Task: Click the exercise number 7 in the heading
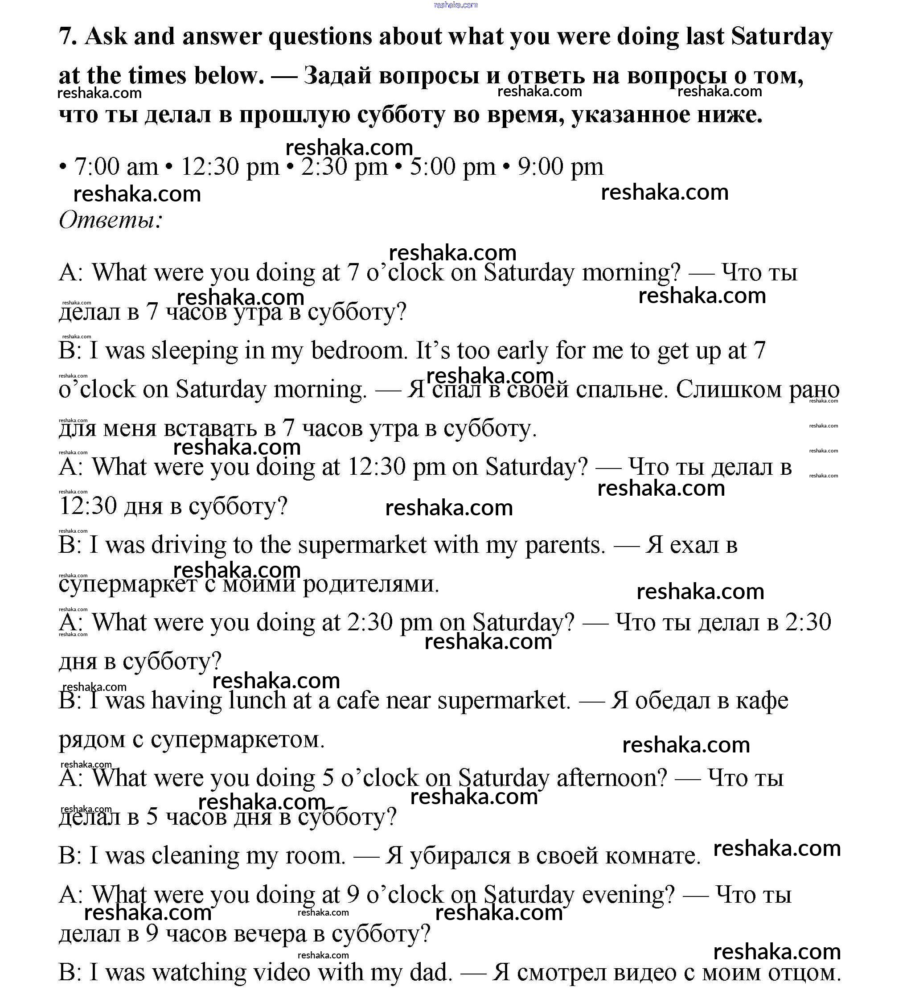click(x=66, y=37)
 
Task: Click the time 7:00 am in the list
click(x=116, y=167)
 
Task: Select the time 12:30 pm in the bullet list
click(x=230, y=167)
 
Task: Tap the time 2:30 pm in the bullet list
click(x=345, y=167)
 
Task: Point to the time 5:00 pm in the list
click(x=452, y=167)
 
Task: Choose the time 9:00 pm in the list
click(x=560, y=167)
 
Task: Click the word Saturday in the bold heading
click(x=782, y=37)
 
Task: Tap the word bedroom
click(x=357, y=351)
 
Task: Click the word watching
click(x=199, y=973)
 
